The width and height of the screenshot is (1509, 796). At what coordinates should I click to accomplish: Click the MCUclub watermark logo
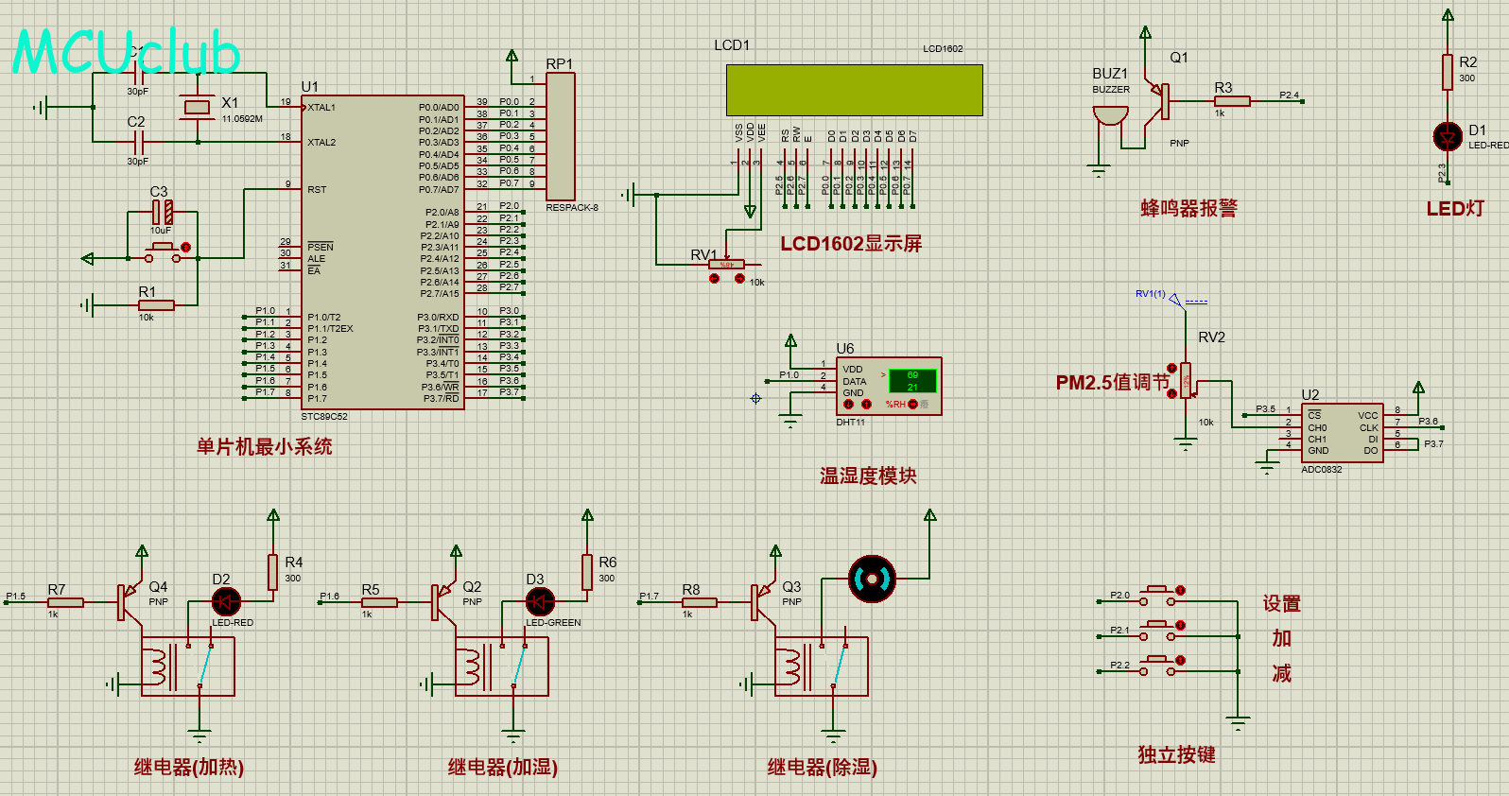coord(126,53)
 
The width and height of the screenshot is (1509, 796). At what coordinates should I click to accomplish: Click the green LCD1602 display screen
coord(854,90)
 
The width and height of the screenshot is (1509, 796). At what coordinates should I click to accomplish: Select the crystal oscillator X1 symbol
coord(197,107)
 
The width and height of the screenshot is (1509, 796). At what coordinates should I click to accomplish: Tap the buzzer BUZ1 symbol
coord(1110,116)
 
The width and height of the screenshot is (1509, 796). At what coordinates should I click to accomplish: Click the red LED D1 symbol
coord(1448,137)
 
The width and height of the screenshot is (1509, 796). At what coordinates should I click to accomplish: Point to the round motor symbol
coord(872,579)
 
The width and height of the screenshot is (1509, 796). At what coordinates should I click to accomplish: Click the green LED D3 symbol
coord(540,601)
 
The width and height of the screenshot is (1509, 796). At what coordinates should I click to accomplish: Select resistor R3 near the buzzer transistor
coord(1231,101)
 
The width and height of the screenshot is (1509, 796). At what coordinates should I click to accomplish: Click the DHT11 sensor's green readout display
coord(912,381)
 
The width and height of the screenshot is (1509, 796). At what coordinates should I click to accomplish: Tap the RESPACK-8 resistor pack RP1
coord(560,136)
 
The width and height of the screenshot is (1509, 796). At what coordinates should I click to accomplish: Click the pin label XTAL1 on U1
coord(321,108)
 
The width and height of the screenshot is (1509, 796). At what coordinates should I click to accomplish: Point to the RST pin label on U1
coord(317,190)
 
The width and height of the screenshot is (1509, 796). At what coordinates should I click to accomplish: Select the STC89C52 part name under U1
coord(324,417)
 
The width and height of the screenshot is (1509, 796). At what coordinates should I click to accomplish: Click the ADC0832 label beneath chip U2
coord(1321,470)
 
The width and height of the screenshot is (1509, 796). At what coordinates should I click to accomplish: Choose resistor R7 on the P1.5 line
coord(65,602)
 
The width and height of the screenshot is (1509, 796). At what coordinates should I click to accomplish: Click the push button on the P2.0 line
coord(1159,595)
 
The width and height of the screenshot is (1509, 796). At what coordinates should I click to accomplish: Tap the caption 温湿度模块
coord(868,476)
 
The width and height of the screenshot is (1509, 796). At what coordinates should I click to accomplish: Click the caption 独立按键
coord(1176,755)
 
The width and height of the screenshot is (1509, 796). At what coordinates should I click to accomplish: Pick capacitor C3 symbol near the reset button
coord(162,212)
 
